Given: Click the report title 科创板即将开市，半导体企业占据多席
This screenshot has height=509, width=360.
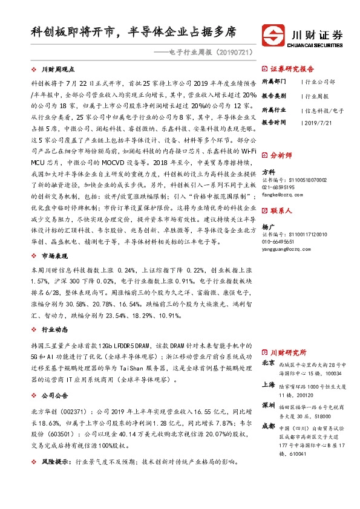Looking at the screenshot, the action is (134, 32).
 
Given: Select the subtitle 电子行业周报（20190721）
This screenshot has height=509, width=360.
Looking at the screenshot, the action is (208, 53).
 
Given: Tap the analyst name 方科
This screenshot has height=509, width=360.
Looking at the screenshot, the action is (268, 172).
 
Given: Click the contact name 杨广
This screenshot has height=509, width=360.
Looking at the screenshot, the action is (268, 227).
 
